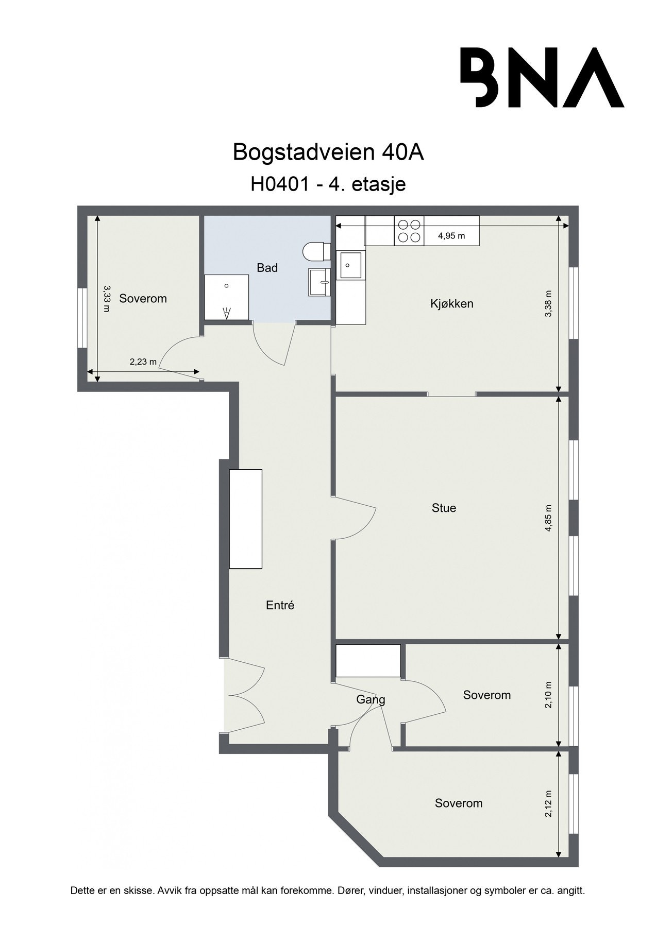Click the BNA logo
[542, 77]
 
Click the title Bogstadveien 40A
[328, 152]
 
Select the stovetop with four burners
[409, 231]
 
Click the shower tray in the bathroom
[227, 297]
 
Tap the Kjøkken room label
[451, 304]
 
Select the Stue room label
[444, 508]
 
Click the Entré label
[280, 606]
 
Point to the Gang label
[371, 700]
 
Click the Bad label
[267, 268]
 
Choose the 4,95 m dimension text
[451, 236]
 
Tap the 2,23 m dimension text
[143, 362]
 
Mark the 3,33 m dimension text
[107, 299]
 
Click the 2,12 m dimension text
[548, 803]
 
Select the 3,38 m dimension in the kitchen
[548, 304]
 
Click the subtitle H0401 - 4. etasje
[328, 184]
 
